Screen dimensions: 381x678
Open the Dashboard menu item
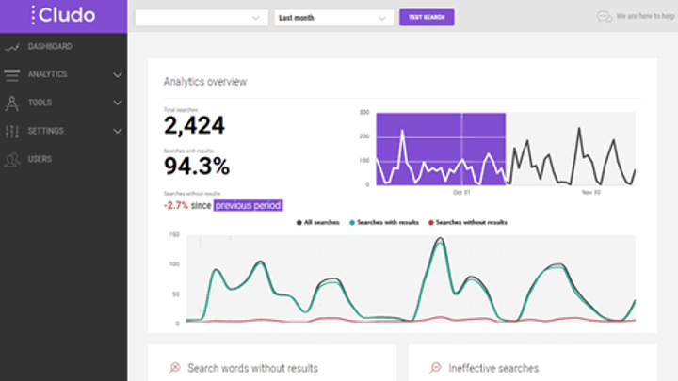point(50,46)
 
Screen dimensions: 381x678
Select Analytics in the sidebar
point(47,74)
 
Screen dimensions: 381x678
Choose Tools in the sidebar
point(40,103)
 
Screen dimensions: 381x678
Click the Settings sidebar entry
point(46,131)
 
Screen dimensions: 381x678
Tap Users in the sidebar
point(40,159)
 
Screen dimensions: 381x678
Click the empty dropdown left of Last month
point(202,17)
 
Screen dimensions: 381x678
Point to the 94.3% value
point(197,167)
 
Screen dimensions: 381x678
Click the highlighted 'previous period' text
point(248,205)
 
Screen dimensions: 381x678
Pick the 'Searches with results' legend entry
point(384,223)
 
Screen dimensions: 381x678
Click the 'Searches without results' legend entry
point(466,223)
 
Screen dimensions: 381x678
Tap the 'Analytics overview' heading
point(205,82)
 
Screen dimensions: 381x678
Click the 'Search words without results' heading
point(252,368)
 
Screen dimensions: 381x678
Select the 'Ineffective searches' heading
point(494,368)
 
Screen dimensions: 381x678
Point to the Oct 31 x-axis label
point(461,192)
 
